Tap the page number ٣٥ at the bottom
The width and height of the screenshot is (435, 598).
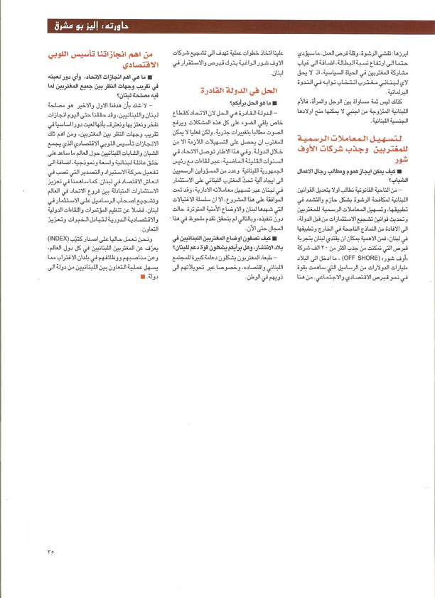tap(50, 551)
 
